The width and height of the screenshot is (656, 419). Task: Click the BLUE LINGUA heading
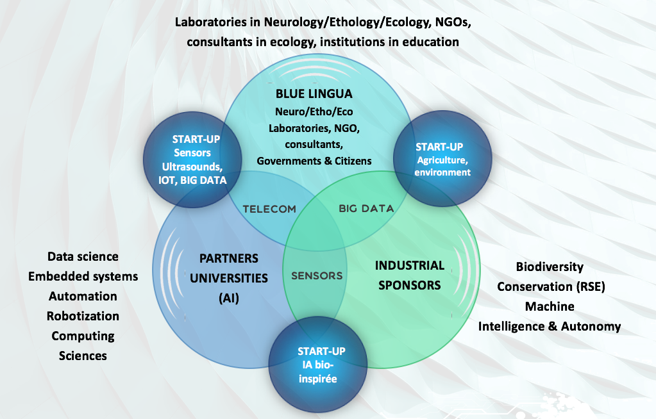[x=314, y=94]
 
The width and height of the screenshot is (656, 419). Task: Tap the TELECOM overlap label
[x=269, y=209]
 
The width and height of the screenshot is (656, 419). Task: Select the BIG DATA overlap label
[x=366, y=208]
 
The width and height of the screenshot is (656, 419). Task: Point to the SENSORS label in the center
[x=317, y=275]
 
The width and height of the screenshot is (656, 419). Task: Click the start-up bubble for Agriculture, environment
[x=442, y=158]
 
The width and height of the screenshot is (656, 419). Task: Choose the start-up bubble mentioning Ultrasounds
[x=192, y=160]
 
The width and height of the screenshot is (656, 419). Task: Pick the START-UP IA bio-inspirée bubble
[x=318, y=365]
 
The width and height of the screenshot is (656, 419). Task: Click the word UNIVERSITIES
[x=229, y=278]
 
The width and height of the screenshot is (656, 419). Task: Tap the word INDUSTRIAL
[x=410, y=265]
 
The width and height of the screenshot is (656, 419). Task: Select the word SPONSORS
[x=410, y=285]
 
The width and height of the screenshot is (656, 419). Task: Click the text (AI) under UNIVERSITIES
[x=229, y=298]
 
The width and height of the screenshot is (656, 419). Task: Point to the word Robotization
[x=83, y=316]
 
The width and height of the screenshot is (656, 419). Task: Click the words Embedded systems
[x=83, y=276]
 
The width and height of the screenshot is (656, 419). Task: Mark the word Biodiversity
[x=550, y=267]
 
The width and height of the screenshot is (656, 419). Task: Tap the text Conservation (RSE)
[x=551, y=286]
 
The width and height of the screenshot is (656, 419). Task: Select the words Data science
[x=83, y=256]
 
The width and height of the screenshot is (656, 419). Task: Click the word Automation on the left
[x=83, y=296]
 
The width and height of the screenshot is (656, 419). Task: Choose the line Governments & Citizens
[x=314, y=161]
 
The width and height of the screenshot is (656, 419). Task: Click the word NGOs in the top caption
[x=453, y=22]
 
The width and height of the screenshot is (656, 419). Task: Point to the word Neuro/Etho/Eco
[x=314, y=111]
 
